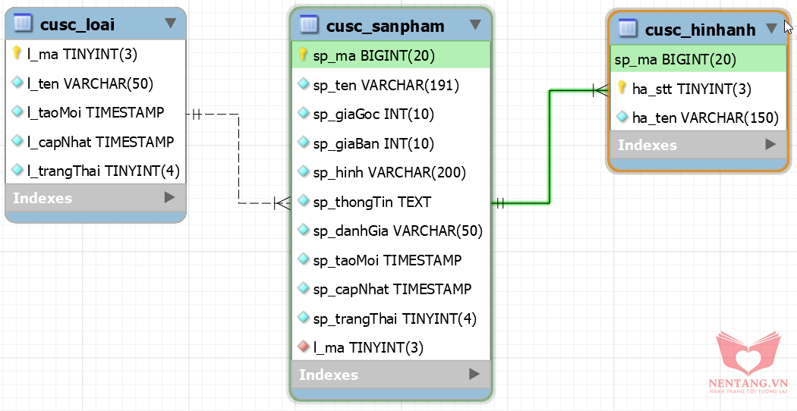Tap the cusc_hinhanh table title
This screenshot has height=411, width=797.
click(x=700, y=30)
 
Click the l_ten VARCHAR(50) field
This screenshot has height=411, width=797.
click(x=90, y=83)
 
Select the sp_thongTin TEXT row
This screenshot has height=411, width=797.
click(x=372, y=202)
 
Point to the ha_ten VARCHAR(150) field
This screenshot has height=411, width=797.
click(x=705, y=118)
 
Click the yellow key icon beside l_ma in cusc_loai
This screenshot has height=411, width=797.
click(x=17, y=54)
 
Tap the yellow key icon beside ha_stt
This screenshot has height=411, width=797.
click(x=622, y=89)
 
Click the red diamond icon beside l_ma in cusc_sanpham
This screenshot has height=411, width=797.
click(x=304, y=347)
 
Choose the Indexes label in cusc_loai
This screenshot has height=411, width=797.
click(x=43, y=198)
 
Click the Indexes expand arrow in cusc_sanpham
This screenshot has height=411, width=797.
click(x=474, y=374)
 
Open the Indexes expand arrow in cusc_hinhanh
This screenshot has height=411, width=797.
click(x=770, y=144)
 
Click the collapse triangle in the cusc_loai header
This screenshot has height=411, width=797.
click(x=171, y=24)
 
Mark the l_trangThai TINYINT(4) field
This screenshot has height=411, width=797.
click(x=103, y=171)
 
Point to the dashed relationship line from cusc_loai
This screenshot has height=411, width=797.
click(x=239, y=159)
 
